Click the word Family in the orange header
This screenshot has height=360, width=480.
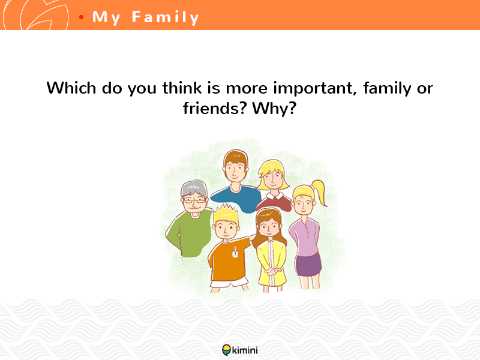tap(166, 17)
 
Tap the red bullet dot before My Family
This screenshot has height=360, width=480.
tap(81, 17)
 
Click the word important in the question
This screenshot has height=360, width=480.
tap(315, 89)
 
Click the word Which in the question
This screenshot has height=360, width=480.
tap(71, 88)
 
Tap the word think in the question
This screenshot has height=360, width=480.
tap(182, 88)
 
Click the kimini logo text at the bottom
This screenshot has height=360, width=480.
tap(245, 350)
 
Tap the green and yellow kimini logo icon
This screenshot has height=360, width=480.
tap(227, 350)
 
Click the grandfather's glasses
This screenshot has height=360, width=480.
tap(194, 201)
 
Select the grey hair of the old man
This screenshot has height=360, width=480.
tap(194, 188)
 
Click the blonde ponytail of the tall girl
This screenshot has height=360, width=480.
tap(319, 192)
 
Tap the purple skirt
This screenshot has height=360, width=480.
tap(308, 265)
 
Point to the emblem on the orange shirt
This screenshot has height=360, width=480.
tap(235, 253)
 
